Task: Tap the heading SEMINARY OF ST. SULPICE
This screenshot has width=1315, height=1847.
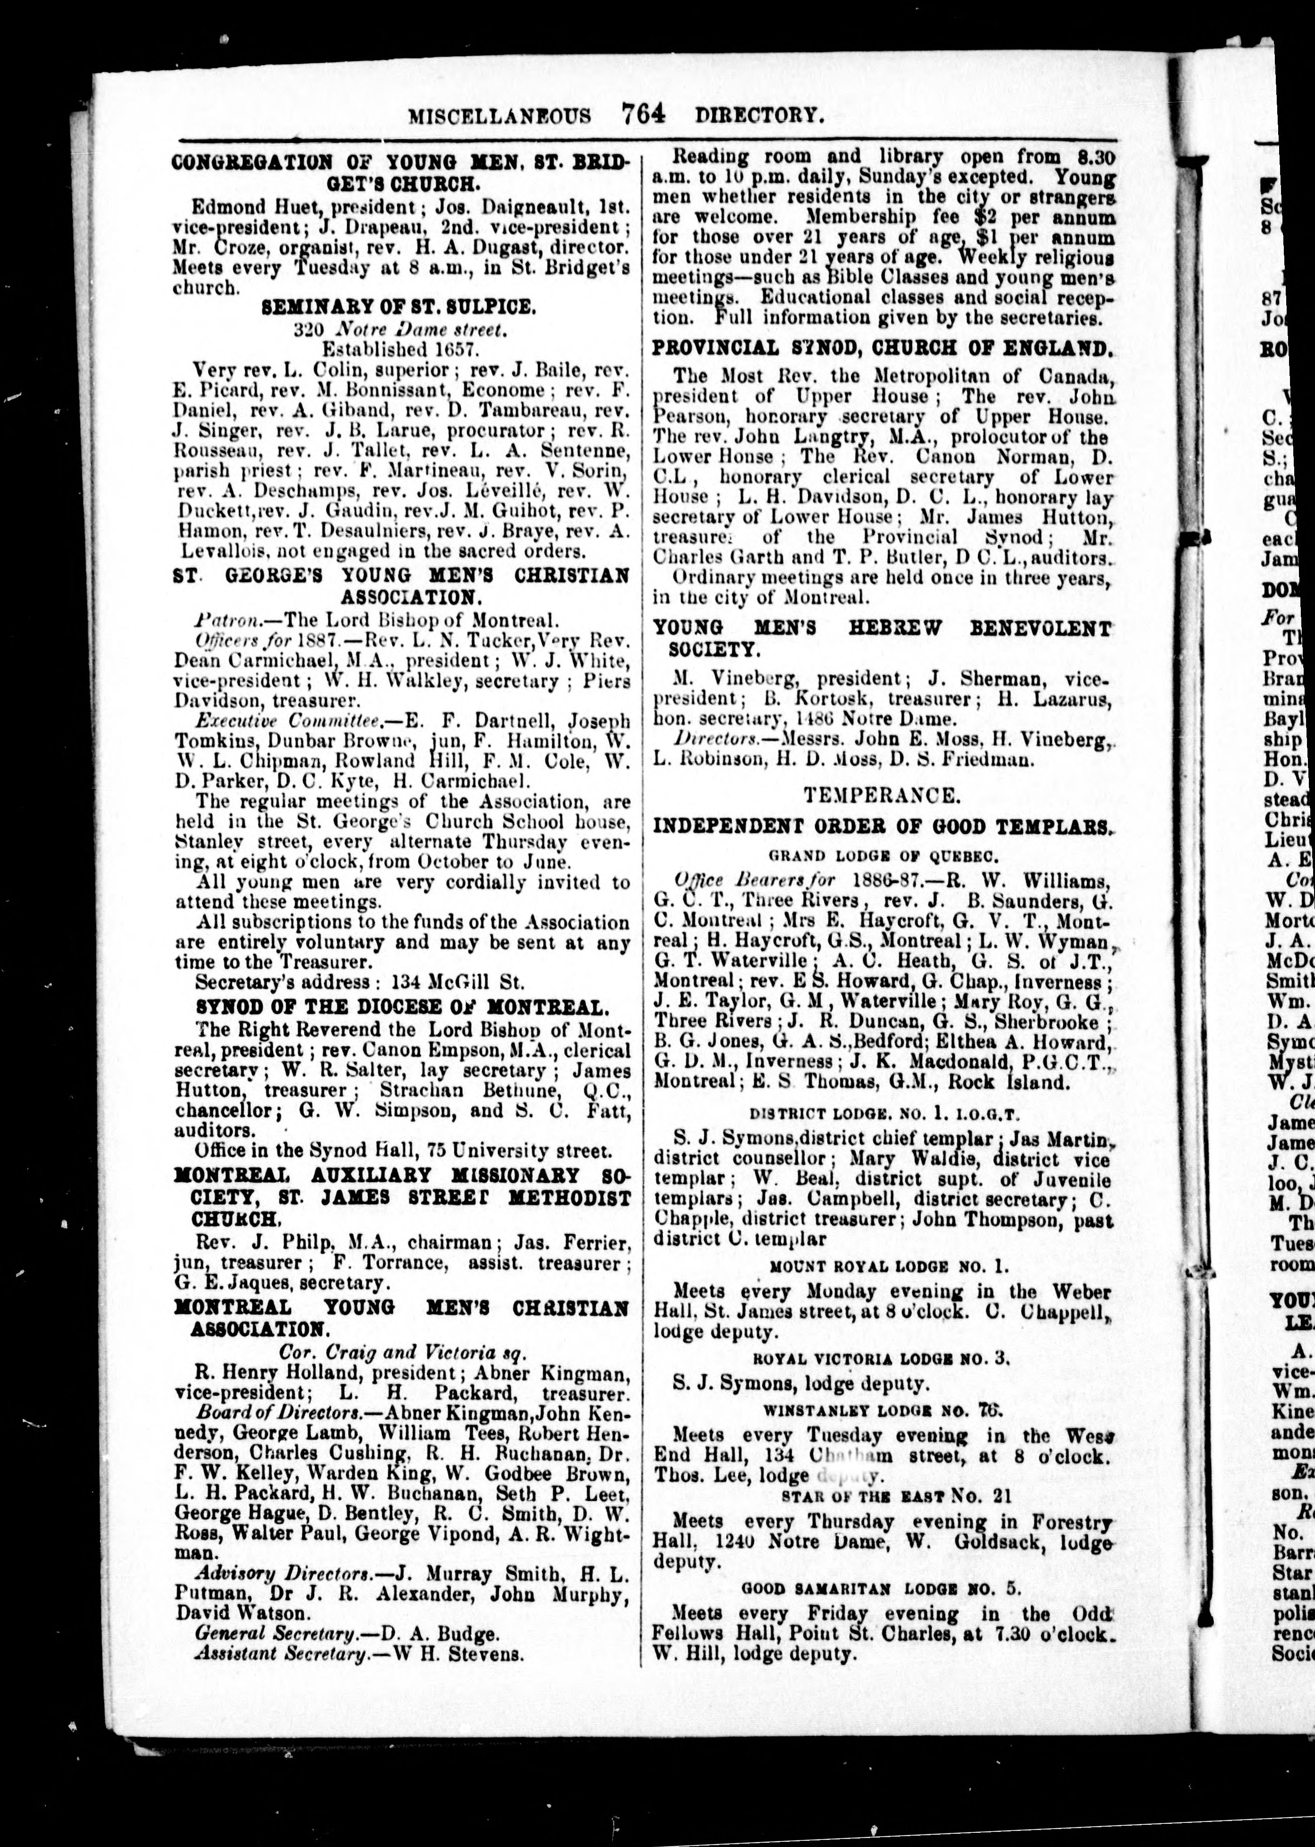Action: pos(398,307)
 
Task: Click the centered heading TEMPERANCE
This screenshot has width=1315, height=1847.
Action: pos(882,796)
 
